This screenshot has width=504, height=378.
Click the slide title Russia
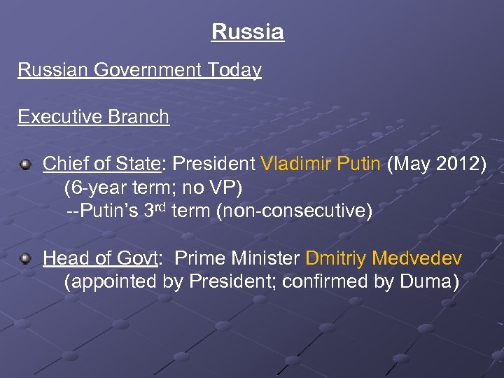(248, 32)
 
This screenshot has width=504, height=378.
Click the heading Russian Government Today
(139, 71)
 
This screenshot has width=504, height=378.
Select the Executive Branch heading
(93, 117)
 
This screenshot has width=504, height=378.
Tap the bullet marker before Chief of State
(26, 164)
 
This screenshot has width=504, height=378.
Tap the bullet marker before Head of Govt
(26, 260)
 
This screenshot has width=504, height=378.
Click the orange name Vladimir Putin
(321, 164)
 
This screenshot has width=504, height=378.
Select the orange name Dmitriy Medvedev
(384, 259)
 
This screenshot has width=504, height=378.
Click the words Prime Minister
(237, 259)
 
